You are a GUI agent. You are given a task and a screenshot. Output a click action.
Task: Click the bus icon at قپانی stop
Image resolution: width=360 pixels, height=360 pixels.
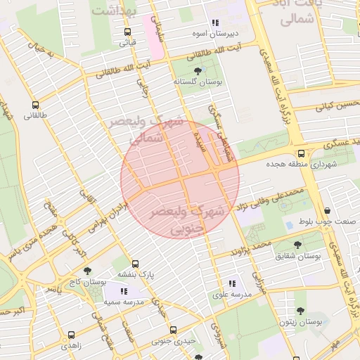[127, 32]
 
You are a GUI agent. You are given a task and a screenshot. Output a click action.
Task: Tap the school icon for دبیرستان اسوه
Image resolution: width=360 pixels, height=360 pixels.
[215, 22]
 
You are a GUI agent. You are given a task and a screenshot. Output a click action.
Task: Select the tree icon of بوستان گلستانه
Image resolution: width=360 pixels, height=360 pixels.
[197, 71]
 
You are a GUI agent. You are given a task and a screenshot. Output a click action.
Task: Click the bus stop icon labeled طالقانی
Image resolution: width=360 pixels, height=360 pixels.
[35, 106]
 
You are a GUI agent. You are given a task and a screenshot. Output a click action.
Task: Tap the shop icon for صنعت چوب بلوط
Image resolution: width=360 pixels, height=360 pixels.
[328, 210]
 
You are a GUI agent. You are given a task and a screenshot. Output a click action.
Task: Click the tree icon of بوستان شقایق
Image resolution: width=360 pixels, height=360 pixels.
[299, 245]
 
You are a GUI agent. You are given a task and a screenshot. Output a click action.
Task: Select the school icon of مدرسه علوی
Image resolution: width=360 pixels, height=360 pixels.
[233, 283]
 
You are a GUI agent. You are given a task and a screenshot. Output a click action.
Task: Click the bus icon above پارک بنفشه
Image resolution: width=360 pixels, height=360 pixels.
[134, 264]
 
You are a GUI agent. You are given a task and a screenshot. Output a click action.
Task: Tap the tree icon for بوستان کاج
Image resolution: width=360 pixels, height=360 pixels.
[87, 271]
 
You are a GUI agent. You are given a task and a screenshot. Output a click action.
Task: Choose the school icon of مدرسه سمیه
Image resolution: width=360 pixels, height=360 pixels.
[124, 290]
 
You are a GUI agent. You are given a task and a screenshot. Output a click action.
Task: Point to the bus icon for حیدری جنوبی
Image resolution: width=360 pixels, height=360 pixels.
[173, 330]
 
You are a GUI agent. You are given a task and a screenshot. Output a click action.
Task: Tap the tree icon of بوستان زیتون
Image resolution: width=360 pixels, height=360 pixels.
[300, 310]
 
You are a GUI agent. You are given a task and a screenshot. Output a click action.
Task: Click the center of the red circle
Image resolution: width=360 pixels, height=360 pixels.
[180, 180]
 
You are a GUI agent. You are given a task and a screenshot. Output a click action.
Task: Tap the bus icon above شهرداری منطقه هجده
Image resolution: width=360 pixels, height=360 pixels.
[301, 153]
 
